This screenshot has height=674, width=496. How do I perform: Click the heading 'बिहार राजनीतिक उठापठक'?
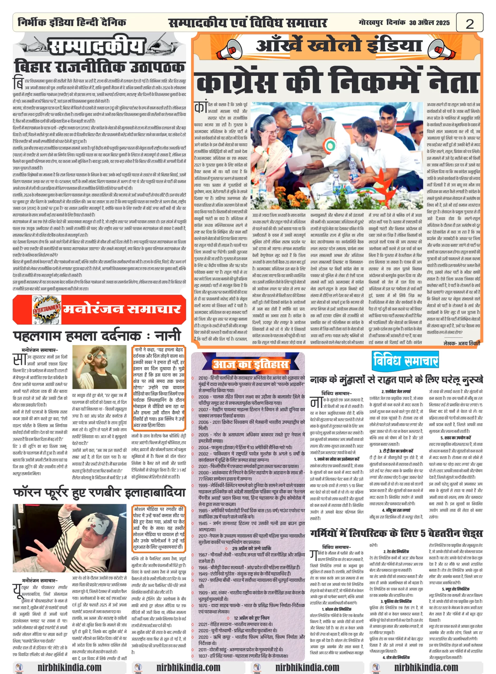(99, 67)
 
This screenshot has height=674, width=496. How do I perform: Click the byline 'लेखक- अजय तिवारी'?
(461, 343)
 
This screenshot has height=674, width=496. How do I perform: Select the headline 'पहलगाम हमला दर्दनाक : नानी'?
(97, 335)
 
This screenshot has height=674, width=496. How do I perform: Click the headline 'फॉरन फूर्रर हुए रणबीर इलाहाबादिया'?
(99, 493)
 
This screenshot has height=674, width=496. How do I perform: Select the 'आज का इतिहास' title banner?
(250, 364)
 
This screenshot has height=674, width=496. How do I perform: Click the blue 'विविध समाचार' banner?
(405, 360)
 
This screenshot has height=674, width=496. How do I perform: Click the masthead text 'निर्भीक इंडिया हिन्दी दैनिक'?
(72, 22)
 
